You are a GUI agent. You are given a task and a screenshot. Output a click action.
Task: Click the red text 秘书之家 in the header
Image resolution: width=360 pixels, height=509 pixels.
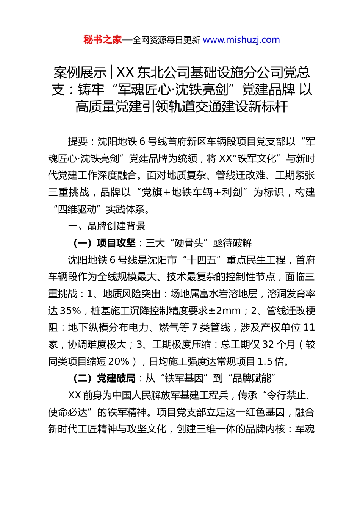103,40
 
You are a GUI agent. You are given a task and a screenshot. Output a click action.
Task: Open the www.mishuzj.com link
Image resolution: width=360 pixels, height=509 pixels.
241,40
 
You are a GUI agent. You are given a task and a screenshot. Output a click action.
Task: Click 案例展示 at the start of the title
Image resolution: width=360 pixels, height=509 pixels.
80,72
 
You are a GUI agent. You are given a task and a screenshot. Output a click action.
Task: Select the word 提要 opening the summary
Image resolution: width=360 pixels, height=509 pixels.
78,142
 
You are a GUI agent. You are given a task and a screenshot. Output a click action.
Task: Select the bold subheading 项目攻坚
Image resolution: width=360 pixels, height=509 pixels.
116,243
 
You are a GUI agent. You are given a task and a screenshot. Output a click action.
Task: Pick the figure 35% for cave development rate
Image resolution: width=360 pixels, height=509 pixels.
70,311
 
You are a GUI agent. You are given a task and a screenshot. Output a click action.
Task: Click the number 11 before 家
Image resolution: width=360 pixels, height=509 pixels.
309,328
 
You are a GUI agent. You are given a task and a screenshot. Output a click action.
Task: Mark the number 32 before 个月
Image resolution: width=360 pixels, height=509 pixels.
268,345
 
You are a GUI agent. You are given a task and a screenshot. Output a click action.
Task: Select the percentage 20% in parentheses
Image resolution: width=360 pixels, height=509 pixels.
119,362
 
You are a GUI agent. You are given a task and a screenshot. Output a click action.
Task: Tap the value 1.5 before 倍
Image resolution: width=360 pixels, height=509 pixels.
265,362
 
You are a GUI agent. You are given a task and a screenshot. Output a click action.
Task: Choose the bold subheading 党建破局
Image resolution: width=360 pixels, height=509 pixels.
116,378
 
